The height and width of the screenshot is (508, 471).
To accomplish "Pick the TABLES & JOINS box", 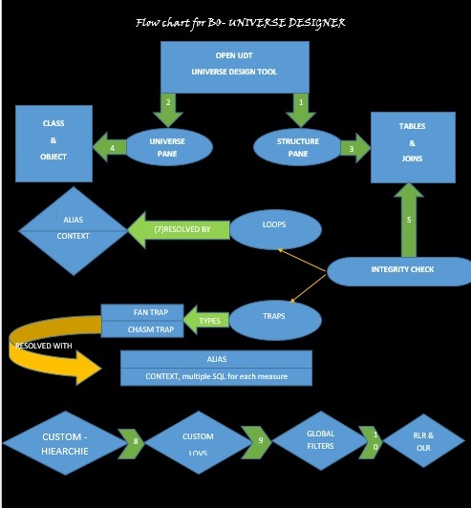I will [413, 143].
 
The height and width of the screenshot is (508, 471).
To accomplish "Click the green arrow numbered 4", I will [109, 147].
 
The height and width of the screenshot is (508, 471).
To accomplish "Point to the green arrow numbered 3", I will [355, 148].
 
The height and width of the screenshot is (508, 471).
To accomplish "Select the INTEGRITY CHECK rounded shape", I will [401, 270].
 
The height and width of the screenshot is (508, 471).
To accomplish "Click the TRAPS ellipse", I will [273, 315].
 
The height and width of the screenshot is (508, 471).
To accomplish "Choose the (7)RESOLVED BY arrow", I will [180, 229].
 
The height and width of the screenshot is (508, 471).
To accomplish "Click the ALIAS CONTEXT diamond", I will [74, 228].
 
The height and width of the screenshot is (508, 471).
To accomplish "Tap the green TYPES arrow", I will [206, 320].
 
